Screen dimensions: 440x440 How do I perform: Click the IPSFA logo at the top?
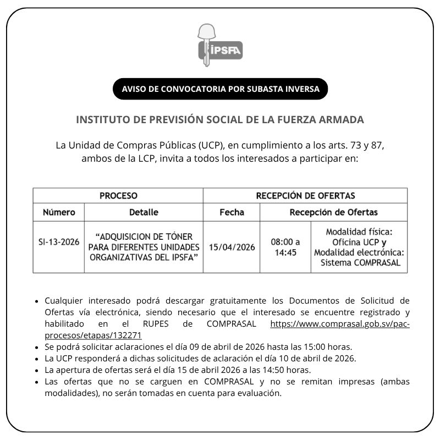(220, 46)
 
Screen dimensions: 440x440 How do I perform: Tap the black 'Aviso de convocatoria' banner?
(220, 89)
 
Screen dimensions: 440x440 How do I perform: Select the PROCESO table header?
(118, 195)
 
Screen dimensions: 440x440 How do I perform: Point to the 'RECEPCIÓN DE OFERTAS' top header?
(305, 195)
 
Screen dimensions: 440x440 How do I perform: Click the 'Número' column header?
(59, 212)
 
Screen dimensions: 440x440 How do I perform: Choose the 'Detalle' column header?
(144, 212)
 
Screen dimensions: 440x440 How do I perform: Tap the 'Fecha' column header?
(232, 212)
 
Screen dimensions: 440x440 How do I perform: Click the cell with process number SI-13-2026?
(59, 247)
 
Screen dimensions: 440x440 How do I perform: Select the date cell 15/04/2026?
(232, 247)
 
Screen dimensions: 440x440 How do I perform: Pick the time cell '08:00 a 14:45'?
(285, 247)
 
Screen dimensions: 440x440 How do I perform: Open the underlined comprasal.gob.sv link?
(339, 324)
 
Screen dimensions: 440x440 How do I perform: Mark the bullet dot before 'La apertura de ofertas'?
(37, 370)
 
